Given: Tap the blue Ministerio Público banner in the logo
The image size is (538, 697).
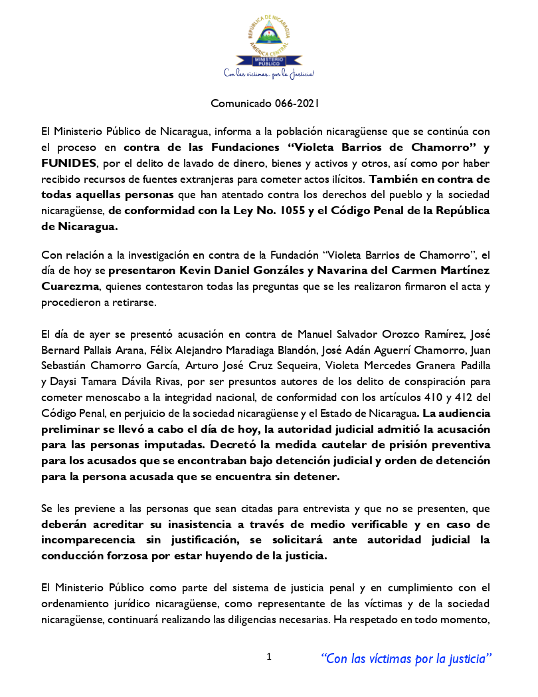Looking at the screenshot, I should tap(268, 62).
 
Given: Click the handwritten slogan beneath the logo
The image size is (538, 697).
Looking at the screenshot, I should tap(268, 74).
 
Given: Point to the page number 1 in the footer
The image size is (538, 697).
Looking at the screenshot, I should tap(268, 657).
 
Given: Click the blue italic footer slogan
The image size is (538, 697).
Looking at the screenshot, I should tap(406, 658).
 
